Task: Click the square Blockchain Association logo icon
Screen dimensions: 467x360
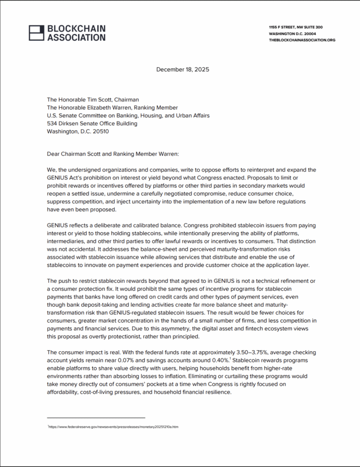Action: [36, 33]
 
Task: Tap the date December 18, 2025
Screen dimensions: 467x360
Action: [183, 69]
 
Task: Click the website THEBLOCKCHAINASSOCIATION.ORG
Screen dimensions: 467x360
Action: [302, 40]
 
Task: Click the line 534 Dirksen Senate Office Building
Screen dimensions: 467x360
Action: [92, 124]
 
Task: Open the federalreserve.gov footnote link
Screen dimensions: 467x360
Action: [113, 427]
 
